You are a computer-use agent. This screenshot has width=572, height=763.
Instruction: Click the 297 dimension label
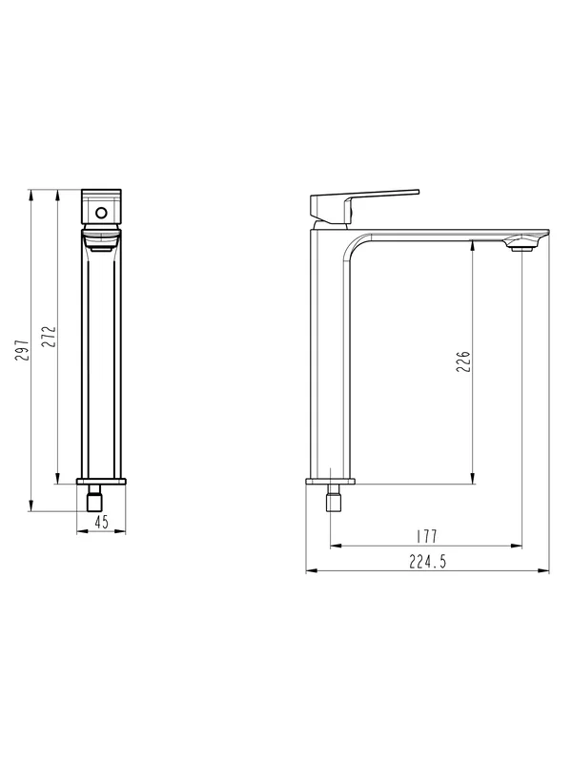(x=23, y=350)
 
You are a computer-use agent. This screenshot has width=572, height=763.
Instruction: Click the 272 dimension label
(x=49, y=337)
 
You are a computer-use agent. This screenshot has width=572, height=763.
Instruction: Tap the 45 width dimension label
(x=101, y=523)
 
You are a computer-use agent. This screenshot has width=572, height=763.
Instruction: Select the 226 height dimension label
(x=463, y=361)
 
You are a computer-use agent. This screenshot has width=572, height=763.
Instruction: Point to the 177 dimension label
(x=427, y=537)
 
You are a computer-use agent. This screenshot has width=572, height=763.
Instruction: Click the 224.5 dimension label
(x=427, y=562)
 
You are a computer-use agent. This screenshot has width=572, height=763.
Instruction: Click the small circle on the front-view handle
(x=101, y=213)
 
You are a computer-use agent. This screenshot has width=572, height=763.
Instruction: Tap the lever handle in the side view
(x=364, y=206)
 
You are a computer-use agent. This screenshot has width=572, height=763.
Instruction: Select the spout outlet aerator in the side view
(x=521, y=248)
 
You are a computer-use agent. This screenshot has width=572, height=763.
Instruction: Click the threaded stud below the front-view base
(x=94, y=498)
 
